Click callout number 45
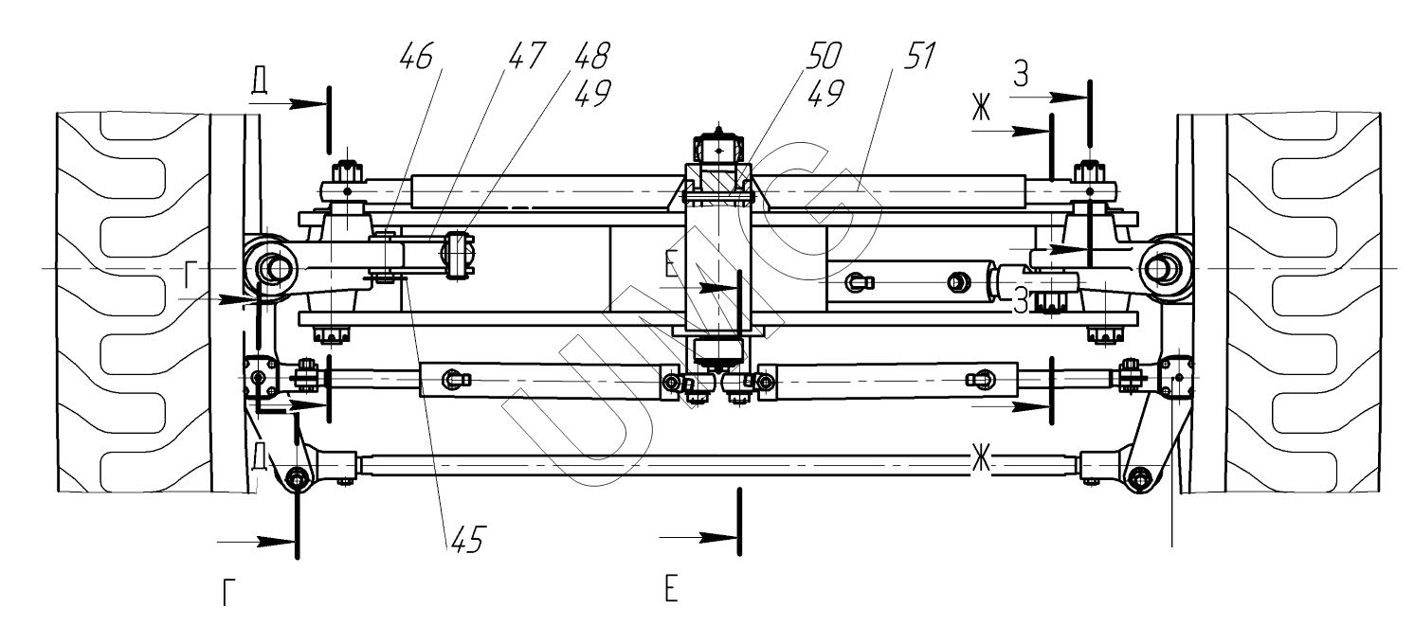click(x=468, y=539)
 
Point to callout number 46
click(x=417, y=56)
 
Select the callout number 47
click(x=525, y=56)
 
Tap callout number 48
click(x=592, y=56)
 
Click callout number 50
click(x=824, y=56)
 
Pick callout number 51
click(x=918, y=56)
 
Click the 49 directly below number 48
click(x=592, y=94)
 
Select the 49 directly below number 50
click(x=825, y=94)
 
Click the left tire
click(x=134, y=302)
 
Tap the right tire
click(x=1303, y=303)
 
